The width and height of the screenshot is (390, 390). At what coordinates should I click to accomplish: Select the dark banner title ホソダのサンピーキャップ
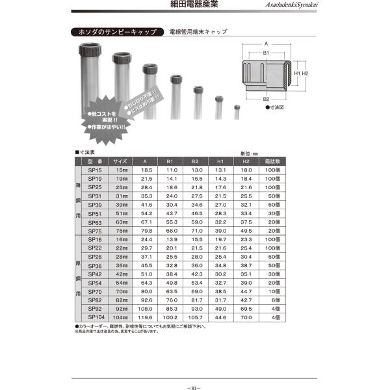[x=115, y=31]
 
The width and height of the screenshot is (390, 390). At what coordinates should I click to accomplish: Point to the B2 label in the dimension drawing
[x=266, y=99]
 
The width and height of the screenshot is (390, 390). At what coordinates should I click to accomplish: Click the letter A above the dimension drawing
[x=266, y=43]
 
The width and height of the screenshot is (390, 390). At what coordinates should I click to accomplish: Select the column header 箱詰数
[x=272, y=161]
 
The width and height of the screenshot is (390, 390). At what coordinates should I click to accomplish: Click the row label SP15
[x=94, y=169]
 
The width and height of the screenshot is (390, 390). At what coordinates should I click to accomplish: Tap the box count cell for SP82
[x=272, y=300]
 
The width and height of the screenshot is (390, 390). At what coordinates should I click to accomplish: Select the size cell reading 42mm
[x=121, y=274]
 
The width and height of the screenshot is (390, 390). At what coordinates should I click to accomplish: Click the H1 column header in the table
[x=220, y=161]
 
